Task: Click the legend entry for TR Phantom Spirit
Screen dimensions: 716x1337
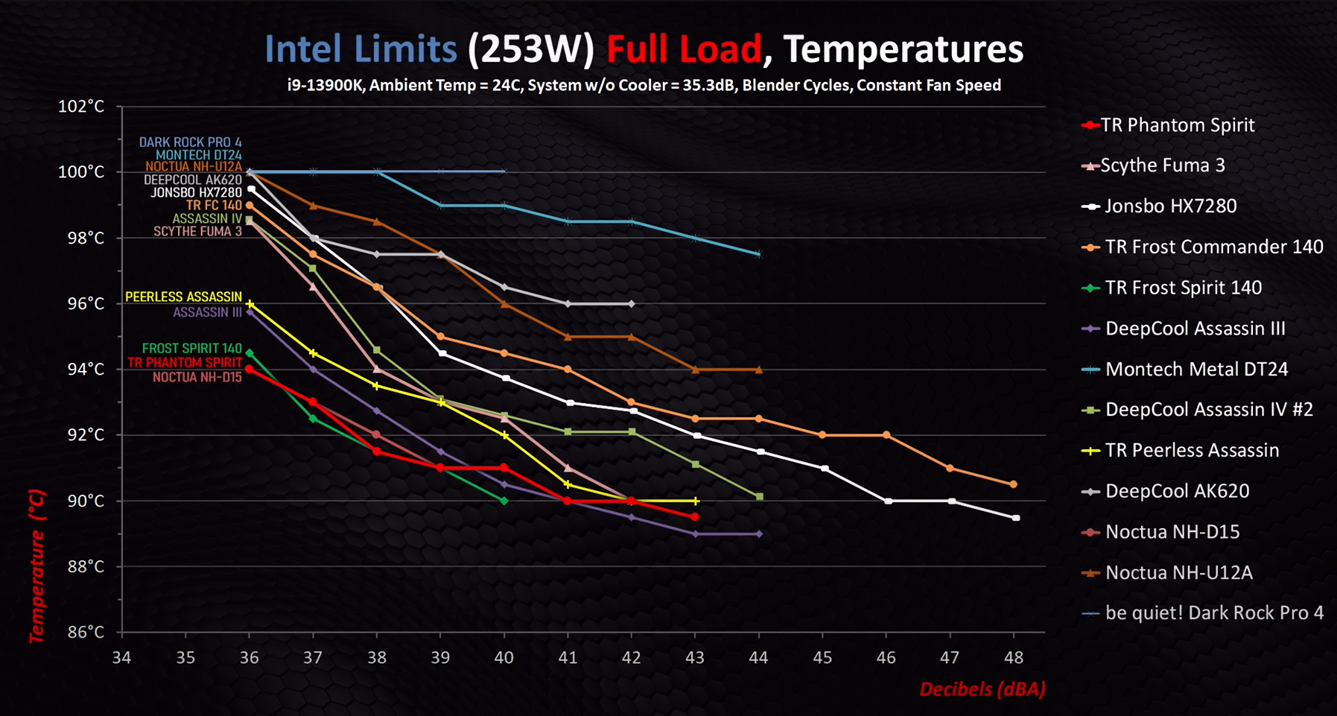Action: click(x=1178, y=125)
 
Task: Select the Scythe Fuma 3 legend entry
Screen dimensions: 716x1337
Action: click(x=1162, y=165)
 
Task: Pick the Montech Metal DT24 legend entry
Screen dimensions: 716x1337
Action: click(x=1196, y=370)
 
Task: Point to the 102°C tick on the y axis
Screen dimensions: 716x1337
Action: click(x=81, y=107)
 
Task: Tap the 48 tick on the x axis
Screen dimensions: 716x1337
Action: click(x=1014, y=657)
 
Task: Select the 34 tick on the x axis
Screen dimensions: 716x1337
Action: click(x=121, y=657)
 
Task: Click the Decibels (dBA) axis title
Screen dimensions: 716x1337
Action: click(x=982, y=689)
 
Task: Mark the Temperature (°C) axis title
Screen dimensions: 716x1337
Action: click(x=36, y=566)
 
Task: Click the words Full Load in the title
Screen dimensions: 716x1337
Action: click(x=684, y=49)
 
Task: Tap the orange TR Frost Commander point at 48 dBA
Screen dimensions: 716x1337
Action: click(x=1013, y=484)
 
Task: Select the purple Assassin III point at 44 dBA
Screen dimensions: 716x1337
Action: click(x=759, y=534)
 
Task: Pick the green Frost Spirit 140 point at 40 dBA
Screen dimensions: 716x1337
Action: click(x=504, y=501)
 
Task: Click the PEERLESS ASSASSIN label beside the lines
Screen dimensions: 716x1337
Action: click(x=183, y=297)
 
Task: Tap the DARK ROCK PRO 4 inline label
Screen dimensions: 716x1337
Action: click(x=190, y=142)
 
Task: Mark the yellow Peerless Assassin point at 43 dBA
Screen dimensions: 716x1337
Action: click(x=696, y=501)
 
